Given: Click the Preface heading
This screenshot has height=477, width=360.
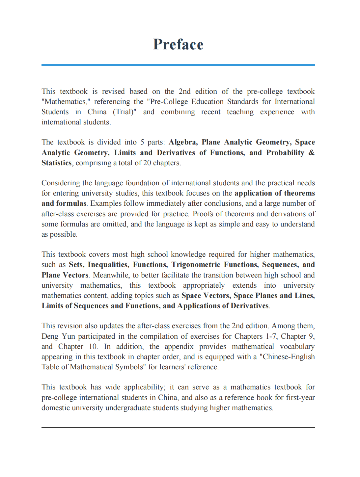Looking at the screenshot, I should [x=178, y=44].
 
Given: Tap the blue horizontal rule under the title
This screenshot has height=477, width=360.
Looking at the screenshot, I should [x=178, y=65].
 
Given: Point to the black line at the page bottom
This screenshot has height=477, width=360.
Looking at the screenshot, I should [x=178, y=427].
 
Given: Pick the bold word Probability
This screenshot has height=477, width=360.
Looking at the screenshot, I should [x=285, y=153].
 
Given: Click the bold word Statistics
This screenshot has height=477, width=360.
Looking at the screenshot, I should [x=57, y=163].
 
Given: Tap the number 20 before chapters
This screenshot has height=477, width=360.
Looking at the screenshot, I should [x=147, y=163].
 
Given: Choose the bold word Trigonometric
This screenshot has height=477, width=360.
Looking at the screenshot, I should [x=196, y=265].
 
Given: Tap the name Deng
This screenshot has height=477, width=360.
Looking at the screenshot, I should [x=50, y=336].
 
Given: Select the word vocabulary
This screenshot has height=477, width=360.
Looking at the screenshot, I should [x=297, y=347].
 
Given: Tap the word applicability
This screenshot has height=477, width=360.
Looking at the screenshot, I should [x=144, y=387].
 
